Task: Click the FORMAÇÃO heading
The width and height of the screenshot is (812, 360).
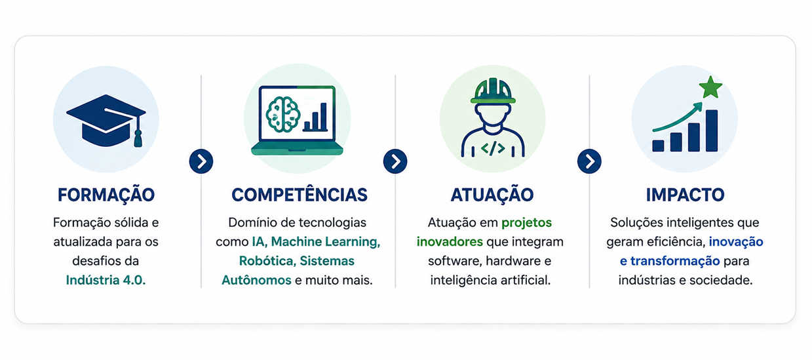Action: click(x=106, y=194)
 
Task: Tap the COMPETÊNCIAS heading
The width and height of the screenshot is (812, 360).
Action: click(x=300, y=195)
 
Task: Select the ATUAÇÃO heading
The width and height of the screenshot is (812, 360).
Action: click(x=492, y=194)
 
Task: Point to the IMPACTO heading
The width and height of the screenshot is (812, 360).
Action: click(x=685, y=195)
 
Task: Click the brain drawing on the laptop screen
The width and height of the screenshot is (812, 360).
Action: click(x=282, y=114)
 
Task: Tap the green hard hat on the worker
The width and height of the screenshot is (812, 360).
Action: click(x=493, y=90)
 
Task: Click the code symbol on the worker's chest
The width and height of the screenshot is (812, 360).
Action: click(x=493, y=148)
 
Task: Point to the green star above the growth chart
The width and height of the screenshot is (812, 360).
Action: click(x=710, y=87)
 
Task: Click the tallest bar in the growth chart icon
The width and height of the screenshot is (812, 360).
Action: click(x=712, y=130)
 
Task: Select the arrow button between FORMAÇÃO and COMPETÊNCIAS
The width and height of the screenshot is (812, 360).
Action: click(x=201, y=161)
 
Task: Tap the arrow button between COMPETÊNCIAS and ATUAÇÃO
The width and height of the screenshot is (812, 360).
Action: click(x=395, y=161)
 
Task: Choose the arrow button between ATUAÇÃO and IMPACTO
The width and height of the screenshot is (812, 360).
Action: click(x=589, y=161)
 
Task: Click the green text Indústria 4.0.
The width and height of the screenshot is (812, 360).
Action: click(x=106, y=280)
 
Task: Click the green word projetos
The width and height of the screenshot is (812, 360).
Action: click(x=527, y=223)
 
